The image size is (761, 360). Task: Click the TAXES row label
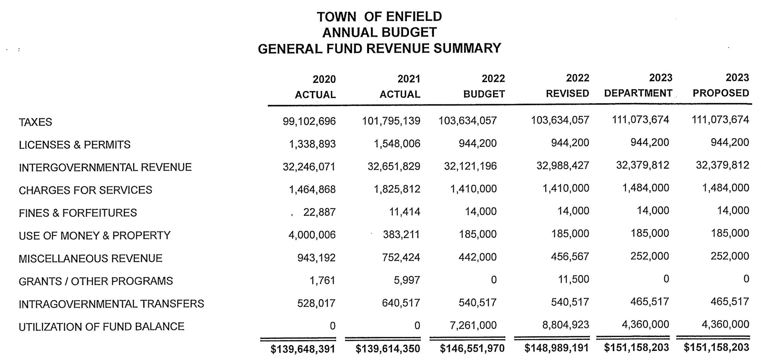(35, 122)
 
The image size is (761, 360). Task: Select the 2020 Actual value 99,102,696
(309, 121)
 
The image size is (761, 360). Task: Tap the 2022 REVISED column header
(567, 86)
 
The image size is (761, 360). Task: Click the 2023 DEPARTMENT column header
(638, 85)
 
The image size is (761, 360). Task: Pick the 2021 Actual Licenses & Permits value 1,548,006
(396, 144)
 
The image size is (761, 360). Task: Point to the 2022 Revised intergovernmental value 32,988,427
(563, 165)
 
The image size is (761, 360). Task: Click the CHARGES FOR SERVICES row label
(85, 190)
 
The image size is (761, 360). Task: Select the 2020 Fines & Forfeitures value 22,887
(319, 212)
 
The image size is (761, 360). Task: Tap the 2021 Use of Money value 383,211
(401, 234)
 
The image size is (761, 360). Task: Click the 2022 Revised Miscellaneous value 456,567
(570, 257)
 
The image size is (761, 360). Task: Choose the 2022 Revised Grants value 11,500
(573, 279)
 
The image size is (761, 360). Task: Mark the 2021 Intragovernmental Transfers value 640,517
(401, 303)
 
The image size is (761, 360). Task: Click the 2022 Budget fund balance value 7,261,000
(473, 325)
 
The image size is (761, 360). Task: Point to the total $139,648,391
(302, 349)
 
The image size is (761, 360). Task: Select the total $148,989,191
(556, 348)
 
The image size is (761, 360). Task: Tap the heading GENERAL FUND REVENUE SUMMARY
(379, 48)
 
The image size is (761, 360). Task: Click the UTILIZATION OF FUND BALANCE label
(101, 327)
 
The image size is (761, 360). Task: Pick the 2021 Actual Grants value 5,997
(407, 280)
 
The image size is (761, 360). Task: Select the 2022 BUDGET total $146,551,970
(472, 348)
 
